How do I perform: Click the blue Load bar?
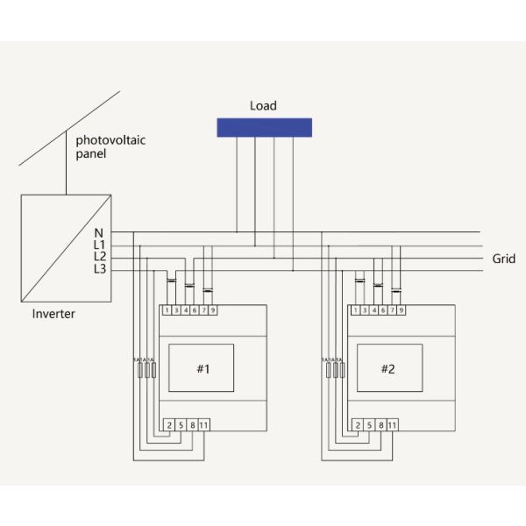point(264,126)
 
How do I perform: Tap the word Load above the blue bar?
point(263,106)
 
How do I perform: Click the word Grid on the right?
point(504,259)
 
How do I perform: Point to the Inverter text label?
point(53,314)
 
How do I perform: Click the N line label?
point(99,232)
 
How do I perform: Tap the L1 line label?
point(99,245)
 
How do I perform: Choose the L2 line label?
point(99,256)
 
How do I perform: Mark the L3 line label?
point(99,268)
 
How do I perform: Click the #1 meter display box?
point(203,368)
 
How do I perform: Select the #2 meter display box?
point(388,368)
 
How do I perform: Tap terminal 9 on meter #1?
point(213,310)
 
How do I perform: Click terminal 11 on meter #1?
point(204,425)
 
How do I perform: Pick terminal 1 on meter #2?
point(354,310)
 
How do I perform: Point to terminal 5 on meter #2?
point(368,425)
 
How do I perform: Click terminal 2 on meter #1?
point(168,425)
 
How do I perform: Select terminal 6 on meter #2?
point(382,310)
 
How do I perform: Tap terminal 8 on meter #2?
point(380,425)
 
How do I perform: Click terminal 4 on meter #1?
point(186,310)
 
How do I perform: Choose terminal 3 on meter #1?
point(176,310)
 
